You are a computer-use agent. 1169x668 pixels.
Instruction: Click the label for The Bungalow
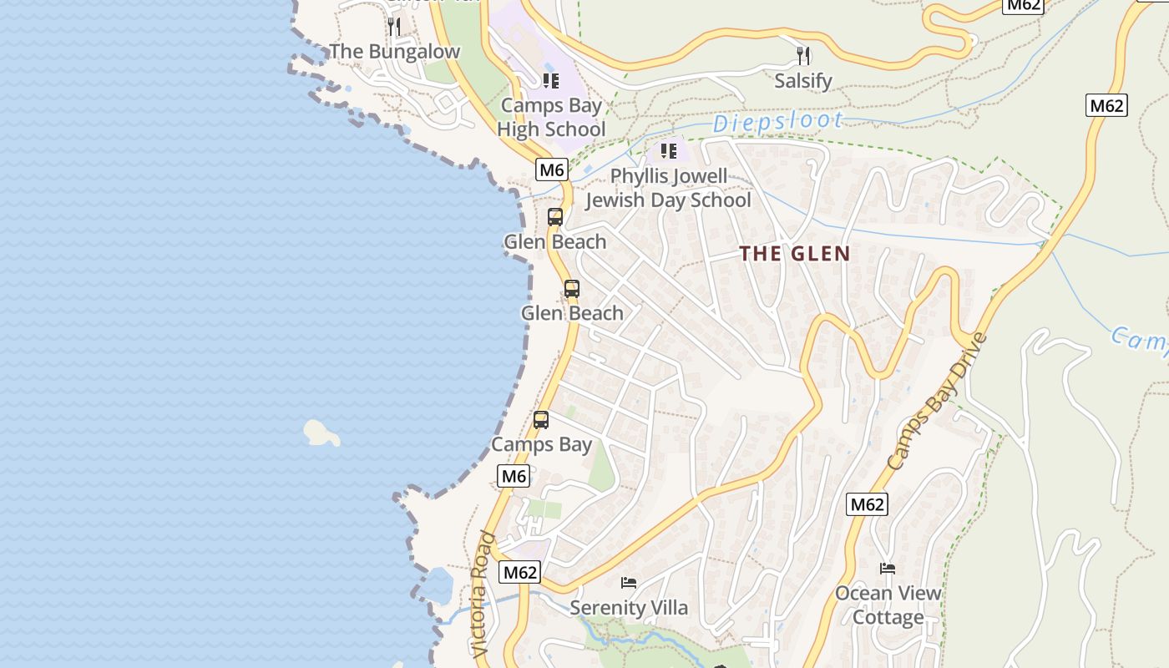(x=394, y=52)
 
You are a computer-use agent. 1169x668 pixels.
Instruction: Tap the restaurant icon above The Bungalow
(x=393, y=27)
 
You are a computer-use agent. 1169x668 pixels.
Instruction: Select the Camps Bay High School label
(x=551, y=118)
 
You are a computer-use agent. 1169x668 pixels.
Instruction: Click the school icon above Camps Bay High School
(x=550, y=81)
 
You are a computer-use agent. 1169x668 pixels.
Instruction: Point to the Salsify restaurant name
(x=802, y=81)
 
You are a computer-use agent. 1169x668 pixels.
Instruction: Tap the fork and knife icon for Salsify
(x=802, y=56)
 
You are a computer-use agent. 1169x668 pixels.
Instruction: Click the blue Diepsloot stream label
(x=777, y=123)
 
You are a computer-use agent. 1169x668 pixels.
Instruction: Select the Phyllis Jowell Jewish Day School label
(x=668, y=189)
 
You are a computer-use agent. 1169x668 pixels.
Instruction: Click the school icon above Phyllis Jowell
(x=668, y=151)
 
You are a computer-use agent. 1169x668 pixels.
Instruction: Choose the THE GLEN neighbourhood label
(x=795, y=254)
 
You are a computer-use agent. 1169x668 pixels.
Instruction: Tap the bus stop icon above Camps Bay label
(x=541, y=420)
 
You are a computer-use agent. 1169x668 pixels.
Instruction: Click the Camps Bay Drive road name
(x=937, y=402)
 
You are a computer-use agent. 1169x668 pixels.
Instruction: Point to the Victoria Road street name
(x=482, y=595)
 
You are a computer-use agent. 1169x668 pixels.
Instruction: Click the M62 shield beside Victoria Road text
(x=519, y=573)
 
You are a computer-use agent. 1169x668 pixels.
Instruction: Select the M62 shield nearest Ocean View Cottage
(x=867, y=504)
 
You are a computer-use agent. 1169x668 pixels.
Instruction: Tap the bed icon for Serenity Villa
(x=629, y=582)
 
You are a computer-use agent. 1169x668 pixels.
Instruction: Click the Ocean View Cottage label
(x=888, y=605)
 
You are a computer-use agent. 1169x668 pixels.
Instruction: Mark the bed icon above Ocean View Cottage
(x=888, y=569)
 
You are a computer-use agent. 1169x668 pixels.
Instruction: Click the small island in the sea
(x=321, y=433)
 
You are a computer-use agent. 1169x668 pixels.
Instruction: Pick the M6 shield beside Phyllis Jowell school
(x=552, y=170)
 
